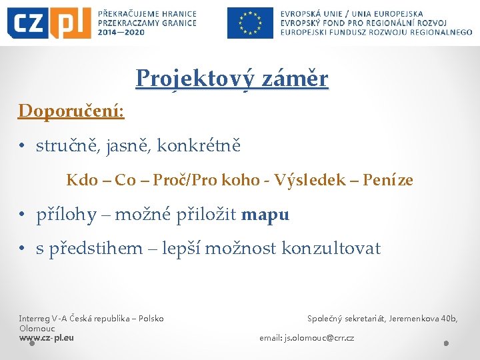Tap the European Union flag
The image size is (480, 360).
[x=250, y=23]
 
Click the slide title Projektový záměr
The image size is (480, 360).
[x=231, y=79]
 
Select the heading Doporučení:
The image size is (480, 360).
[x=71, y=110]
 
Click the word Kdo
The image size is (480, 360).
[x=81, y=180]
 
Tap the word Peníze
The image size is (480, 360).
[x=388, y=180]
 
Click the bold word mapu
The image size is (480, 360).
[x=265, y=215]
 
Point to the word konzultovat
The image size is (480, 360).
[x=331, y=249]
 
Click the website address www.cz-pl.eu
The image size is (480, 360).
[x=47, y=337]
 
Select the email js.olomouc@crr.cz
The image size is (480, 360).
[x=319, y=338]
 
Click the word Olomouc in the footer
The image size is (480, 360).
[x=37, y=328]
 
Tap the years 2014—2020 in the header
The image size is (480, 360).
[x=121, y=31]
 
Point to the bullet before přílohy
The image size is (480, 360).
[x=22, y=215]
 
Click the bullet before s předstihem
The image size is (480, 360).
[x=22, y=249]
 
